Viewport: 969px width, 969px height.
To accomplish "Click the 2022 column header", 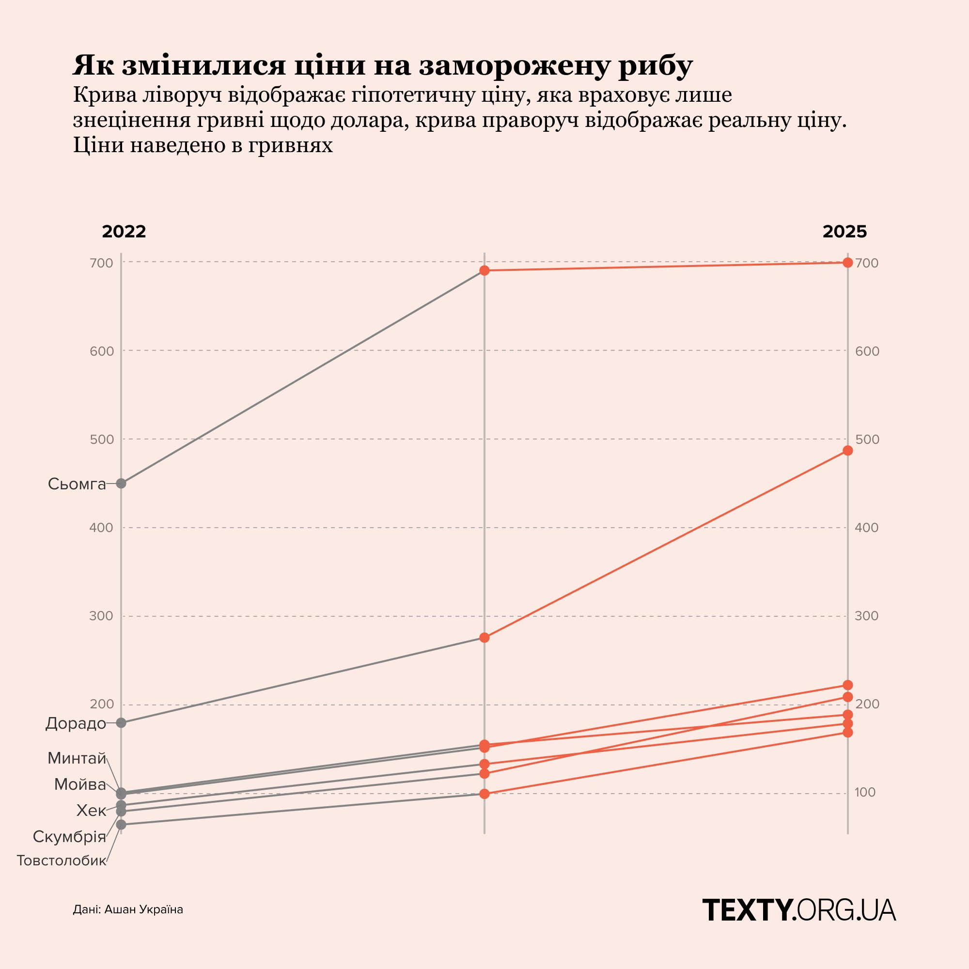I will pos(124,232).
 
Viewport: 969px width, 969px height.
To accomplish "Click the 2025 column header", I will pos(844,232).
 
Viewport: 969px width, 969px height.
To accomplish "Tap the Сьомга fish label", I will pos(77,484).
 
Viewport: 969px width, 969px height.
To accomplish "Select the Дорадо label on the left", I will pos(76,723).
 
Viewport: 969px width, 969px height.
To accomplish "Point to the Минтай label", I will pos(77,758).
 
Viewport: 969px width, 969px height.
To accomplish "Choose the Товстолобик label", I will pos(62,860).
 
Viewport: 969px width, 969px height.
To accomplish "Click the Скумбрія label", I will pos(69,837).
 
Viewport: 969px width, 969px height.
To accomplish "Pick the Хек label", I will pos(91,811).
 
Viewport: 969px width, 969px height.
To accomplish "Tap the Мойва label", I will pos(80,784).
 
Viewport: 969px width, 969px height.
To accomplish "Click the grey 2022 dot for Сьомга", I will pos(121,484).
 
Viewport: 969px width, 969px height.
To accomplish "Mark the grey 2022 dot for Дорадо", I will pos(121,723).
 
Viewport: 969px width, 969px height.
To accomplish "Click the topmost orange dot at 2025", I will pos(847,262).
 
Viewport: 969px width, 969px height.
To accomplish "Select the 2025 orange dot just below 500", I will pos(847,451).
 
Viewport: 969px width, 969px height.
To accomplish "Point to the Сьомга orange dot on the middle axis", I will pos(484,271).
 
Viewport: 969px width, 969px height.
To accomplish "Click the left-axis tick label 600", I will pos(102,351).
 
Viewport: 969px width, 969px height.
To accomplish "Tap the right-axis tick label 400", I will pos(867,528).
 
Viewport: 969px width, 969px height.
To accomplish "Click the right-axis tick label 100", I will pos(865,793).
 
